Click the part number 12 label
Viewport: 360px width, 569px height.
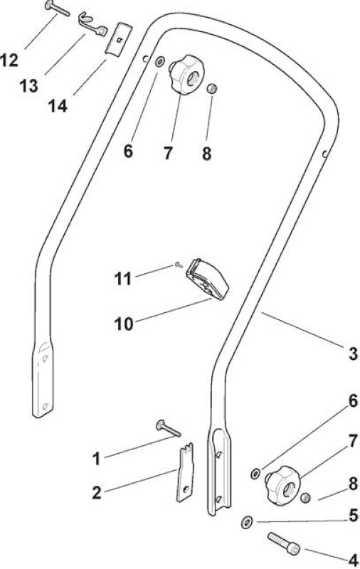[x=9, y=60]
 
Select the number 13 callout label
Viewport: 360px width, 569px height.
[x=28, y=85]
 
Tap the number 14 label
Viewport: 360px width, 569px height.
[x=58, y=106]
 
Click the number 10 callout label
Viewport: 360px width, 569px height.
[x=124, y=324]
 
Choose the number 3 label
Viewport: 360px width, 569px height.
[x=353, y=353]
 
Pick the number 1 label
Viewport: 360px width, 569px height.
[x=96, y=458]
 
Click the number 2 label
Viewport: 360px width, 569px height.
[x=97, y=493]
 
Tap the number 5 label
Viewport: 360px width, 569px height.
[x=353, y=516]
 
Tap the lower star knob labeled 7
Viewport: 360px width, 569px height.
[x=283, y=485]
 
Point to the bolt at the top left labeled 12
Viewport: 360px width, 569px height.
[x=58, y=9]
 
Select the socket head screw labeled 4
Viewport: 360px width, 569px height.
[x=285, y=543]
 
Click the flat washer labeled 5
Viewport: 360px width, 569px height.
[x=247, y=522]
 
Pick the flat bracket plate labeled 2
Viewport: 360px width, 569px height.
[x=186, y=472]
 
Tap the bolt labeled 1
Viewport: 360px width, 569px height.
[x=169, y=429]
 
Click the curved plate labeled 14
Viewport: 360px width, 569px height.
[x=118, y=39]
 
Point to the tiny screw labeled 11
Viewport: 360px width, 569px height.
[x=179, y=265]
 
